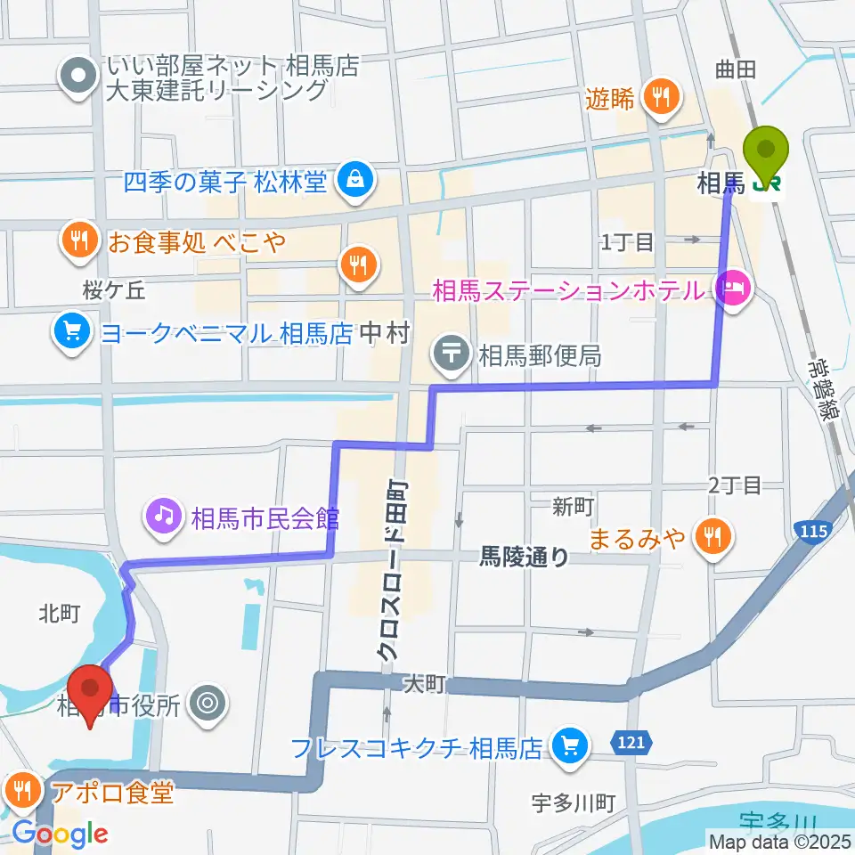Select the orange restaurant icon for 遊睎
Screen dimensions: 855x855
(660, 95)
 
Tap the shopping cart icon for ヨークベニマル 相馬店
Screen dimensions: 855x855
(72, 332)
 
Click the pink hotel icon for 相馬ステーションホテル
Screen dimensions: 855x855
(733, 290)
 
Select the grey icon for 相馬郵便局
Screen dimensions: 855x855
(452, 354)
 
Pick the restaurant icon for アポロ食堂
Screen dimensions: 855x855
(21, 790)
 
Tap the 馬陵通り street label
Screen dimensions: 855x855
(525, 558)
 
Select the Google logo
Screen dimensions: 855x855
(59, 834)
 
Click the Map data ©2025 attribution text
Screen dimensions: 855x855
(780, 840)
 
